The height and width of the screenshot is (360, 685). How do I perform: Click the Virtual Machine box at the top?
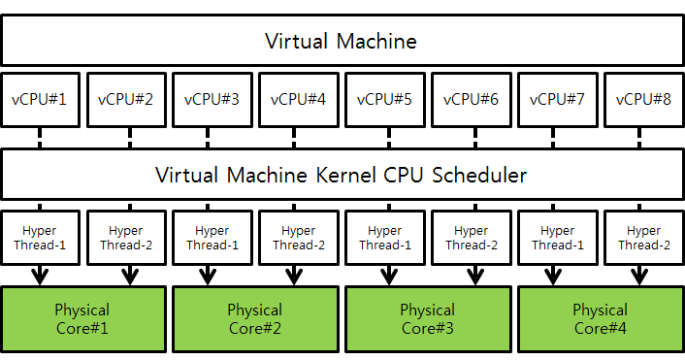coord(342,41)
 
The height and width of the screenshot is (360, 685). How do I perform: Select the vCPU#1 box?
coord(40,98)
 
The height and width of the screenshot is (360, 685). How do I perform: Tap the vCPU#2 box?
coord(126,98)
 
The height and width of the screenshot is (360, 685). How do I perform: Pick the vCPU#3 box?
coord(212,98)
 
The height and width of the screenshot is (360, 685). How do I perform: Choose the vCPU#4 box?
coord(299,98)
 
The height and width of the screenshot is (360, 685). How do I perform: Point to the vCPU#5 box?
coord(385,98)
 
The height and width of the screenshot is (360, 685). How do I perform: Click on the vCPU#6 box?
coord(472,98)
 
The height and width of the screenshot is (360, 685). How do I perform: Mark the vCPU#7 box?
coord(558,98)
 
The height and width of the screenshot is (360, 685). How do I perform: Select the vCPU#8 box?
coord(644,98)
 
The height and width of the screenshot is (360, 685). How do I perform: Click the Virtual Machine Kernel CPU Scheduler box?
coord(342,176)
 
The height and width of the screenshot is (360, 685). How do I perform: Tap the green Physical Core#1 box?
coord(82,318)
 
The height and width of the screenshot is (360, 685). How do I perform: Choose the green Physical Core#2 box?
coord(255,318)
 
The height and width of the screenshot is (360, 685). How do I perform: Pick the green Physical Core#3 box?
coord(428,318)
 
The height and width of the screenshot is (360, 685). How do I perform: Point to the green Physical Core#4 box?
coord(601,318)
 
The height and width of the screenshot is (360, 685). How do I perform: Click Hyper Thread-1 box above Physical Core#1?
coord(40,238)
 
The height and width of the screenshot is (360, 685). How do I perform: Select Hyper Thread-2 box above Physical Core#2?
coord(299,238)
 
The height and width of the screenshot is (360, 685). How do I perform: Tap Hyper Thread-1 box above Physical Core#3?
coord(385,238)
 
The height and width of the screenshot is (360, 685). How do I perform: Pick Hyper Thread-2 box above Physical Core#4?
coord(644,238)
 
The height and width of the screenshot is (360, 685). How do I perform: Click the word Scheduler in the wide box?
coord(479,177)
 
